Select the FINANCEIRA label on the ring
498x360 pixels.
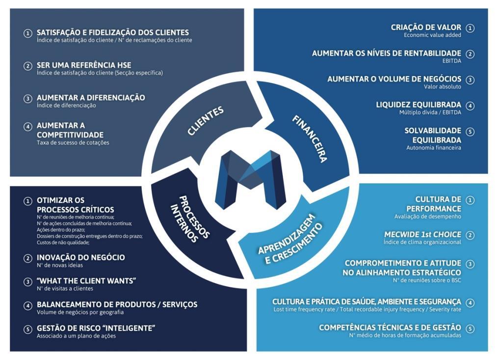click(x=310, y=138)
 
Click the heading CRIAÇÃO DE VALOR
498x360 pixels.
click(x=426, y=28)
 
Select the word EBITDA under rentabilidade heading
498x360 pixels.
click(x=451, y=61)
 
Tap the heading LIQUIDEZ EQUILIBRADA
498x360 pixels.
click(x=419, y=105)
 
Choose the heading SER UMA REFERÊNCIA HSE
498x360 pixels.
click(x=84, y=65)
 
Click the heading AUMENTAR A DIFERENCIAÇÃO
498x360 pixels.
click(x=91, y=98)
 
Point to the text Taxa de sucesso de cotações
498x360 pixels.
click(x=73, y=142)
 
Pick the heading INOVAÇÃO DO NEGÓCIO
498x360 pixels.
click(x=80, y=257)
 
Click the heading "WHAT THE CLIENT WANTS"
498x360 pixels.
click(x=86, y=280)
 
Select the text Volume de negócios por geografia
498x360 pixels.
click(x=80, y=312)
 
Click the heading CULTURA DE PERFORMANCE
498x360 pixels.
click(x=438, y=203)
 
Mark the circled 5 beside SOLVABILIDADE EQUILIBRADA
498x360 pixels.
click(x=470, y=132)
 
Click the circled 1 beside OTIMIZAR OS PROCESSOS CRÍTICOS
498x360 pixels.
click(x=28, y=201)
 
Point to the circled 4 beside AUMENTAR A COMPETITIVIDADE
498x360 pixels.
click(x=28, y=126)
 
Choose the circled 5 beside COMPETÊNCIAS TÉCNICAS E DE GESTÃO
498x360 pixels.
click(x=470, y=328)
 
